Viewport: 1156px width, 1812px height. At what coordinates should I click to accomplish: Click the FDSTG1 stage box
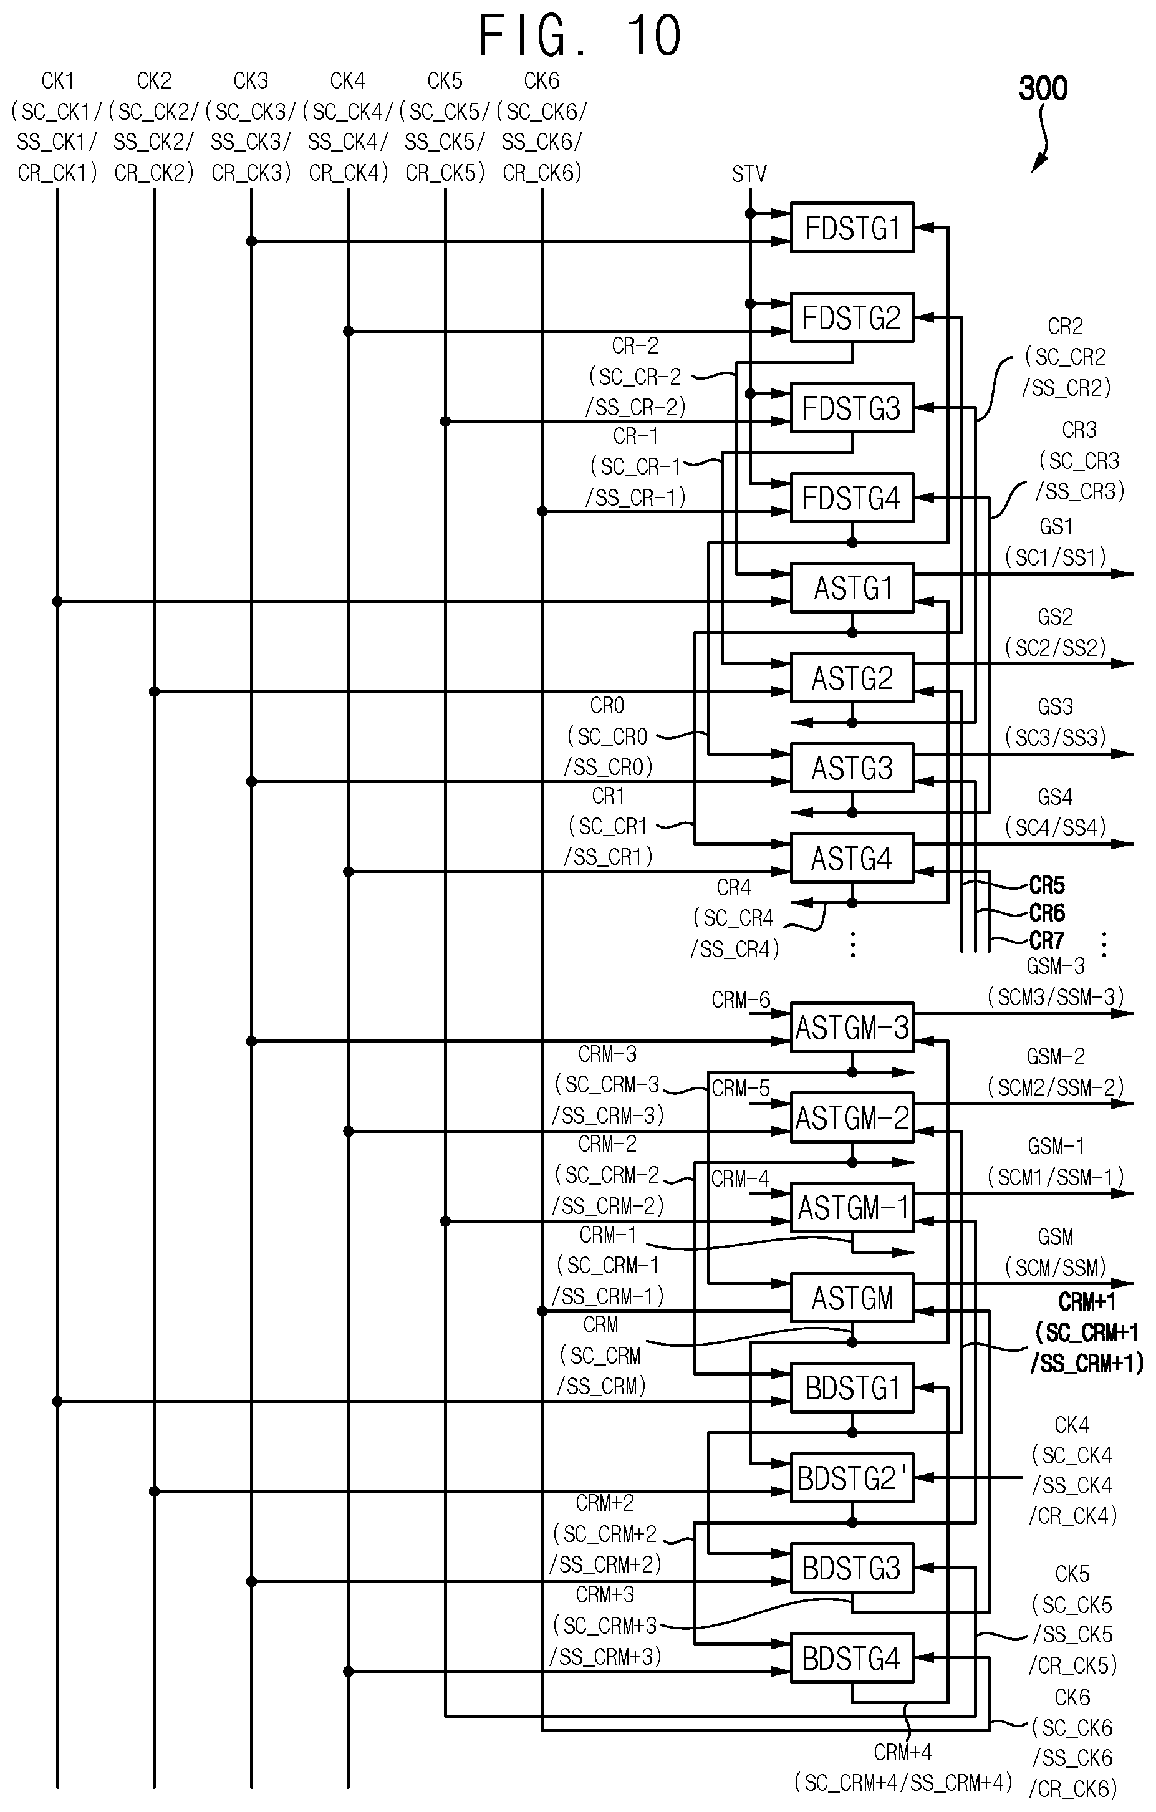[852, 227]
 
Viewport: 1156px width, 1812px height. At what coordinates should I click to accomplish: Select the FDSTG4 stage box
[852, 498]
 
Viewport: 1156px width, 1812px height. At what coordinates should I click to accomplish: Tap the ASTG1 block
[852, 588]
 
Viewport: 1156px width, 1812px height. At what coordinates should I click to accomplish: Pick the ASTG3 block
[852, 768]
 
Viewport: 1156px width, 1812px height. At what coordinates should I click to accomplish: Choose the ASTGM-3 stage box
[852, 1027]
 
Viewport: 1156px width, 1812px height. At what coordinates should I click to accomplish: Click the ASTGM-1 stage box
[852, 1207]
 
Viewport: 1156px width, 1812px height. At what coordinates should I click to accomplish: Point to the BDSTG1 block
[852, 1387]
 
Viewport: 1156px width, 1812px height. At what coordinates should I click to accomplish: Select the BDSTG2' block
[852, 1478]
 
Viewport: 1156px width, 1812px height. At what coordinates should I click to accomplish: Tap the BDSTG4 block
[852, 1658]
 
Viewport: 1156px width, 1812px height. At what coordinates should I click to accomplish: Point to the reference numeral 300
[1043, 89]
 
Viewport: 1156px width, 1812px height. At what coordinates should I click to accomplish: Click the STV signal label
[749, 175]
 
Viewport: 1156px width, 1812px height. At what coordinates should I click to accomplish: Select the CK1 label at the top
[58, 80]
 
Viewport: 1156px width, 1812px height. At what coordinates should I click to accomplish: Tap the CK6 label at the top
[541, 80]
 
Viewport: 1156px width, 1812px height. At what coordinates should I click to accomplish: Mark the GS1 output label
[1055, 526]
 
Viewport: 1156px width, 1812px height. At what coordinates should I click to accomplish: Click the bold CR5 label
[1047, 885]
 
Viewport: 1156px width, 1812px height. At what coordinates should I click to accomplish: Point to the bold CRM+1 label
[1087, 1302]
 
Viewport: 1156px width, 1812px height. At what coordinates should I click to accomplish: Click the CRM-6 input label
[741, 1000]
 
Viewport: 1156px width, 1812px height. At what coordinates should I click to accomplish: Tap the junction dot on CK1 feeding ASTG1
[57, 601]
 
